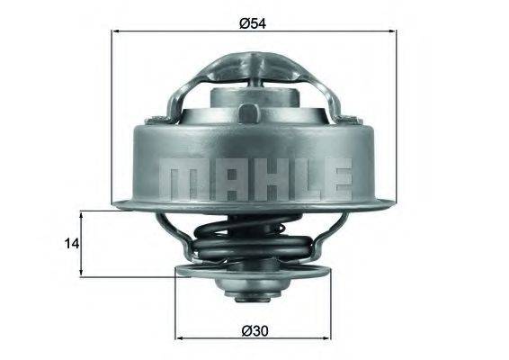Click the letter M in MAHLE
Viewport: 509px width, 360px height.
178,178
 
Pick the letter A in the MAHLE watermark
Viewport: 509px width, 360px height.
216,178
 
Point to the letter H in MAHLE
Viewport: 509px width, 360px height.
254,178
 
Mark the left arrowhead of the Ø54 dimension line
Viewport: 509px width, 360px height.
115,32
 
